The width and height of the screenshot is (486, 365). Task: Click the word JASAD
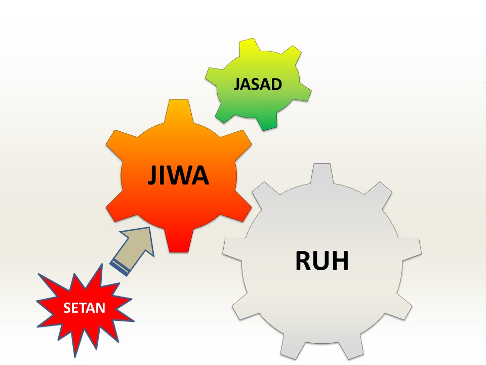[257, 84]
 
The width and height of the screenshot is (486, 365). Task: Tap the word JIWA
[178, 175]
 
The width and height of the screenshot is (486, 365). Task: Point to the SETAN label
[85, 308]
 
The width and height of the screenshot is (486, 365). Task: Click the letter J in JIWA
[152, 175]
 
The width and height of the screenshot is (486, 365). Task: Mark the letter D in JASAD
[275, 84]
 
